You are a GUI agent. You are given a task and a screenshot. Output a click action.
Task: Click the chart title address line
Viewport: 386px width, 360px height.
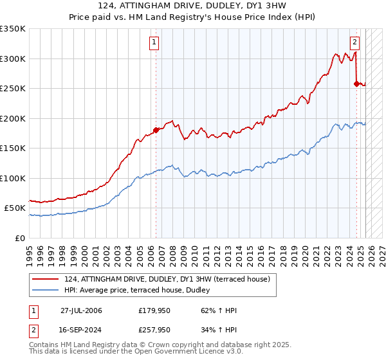point(193,6)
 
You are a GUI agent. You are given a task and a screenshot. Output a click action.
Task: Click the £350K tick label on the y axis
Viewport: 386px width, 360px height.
point(13,29)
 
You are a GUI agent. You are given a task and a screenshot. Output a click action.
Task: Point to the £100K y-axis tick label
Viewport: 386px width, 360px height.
point(13,178)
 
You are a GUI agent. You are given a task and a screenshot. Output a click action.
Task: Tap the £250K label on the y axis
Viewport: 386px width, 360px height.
point(13,89)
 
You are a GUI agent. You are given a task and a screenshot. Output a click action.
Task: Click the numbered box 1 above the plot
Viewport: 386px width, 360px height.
point(155,43)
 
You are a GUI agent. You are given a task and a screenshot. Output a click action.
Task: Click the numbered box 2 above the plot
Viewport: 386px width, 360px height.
point(354,43)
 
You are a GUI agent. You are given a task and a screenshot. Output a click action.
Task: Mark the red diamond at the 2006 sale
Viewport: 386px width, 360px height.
point(155,130)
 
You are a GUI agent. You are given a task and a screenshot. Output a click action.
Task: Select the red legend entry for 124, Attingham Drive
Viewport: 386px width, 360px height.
point(170,279)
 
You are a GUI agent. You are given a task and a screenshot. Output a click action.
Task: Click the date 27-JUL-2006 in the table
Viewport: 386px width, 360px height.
point(81,311)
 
